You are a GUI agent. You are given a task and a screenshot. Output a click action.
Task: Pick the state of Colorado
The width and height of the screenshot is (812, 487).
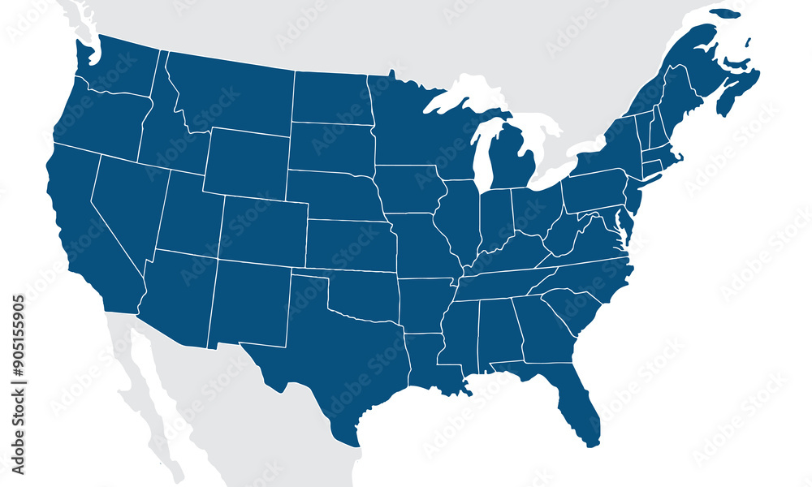pyautogui.click(x=264, y=231)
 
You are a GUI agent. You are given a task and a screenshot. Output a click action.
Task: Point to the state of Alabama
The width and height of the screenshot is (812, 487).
pyautogui.click(x=499, y=333)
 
